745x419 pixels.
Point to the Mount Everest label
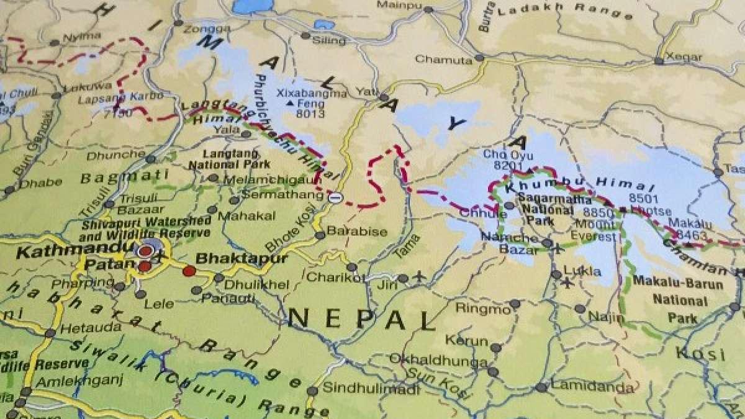594,229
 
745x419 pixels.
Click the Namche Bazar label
517,243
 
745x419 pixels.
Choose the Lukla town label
582,271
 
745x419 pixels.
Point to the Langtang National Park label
229,159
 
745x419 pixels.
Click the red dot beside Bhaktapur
189,270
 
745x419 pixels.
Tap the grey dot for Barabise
320,235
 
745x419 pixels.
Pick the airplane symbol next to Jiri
419,276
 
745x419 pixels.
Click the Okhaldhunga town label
429,359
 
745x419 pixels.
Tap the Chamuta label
443,60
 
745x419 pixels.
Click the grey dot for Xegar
658,61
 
